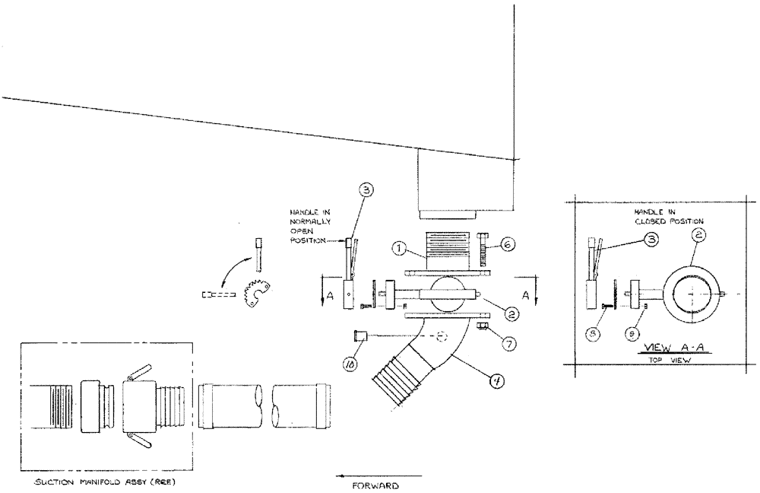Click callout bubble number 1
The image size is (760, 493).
[399, 248]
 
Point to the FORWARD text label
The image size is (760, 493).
[376, 484]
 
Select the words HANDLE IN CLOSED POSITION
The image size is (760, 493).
[666, 215]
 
